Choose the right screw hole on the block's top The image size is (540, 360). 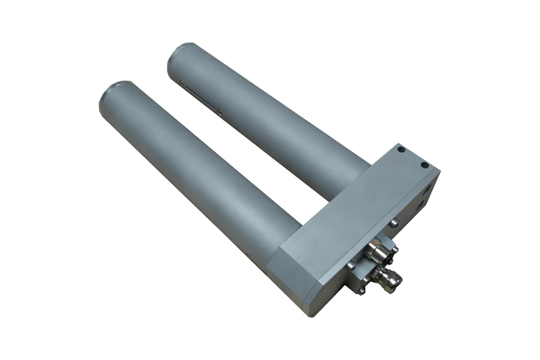coord(424,163)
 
